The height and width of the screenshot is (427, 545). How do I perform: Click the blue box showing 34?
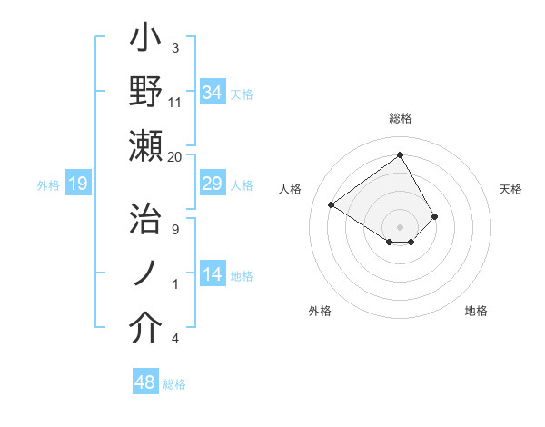[x=213, y=93]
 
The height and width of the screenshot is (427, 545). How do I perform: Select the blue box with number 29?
[x=213, y=184]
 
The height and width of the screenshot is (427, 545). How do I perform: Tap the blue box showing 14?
[x=213, y=275]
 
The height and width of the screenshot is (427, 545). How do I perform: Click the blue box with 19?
[x=78, y=184]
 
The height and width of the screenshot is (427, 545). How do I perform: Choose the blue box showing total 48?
[x=145, y=382]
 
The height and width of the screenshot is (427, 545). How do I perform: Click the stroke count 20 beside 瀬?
[x=174, y=156]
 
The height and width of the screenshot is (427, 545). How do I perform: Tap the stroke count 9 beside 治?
[x=174, y=229]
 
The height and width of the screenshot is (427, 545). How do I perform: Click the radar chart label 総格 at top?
[x=401, y=118]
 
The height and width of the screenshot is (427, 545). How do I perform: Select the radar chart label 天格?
[x=511, y=189]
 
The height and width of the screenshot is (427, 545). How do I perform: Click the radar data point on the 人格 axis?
[x=332, y=204]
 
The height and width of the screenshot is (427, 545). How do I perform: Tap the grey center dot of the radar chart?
[x=401, y=226]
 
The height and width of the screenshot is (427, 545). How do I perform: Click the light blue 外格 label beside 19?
[x=48, y=185]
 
